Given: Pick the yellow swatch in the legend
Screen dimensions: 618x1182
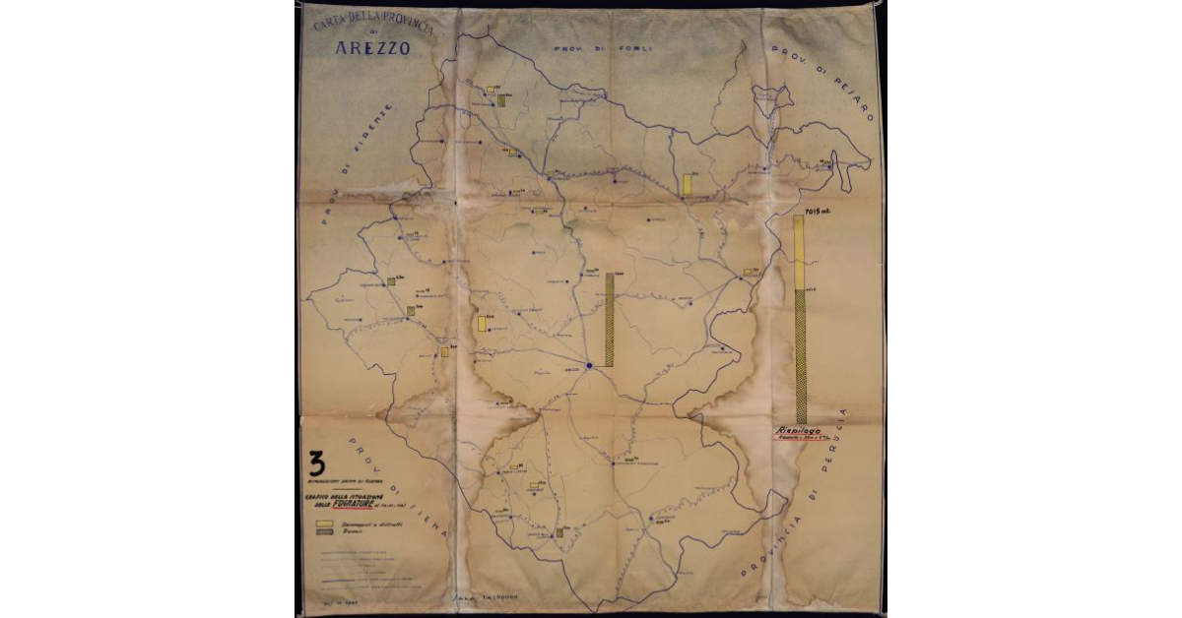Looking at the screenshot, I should click(x=322, y=526).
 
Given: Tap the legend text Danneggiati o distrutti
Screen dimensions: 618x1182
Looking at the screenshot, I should click(x=364, y=526).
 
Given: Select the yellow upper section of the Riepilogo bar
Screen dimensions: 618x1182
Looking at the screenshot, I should click(x=799, y=253).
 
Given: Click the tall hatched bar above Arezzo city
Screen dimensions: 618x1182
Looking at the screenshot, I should click(x=610, y=320).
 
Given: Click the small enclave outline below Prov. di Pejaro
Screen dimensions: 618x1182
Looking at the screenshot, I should click(x=771, y=96).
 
